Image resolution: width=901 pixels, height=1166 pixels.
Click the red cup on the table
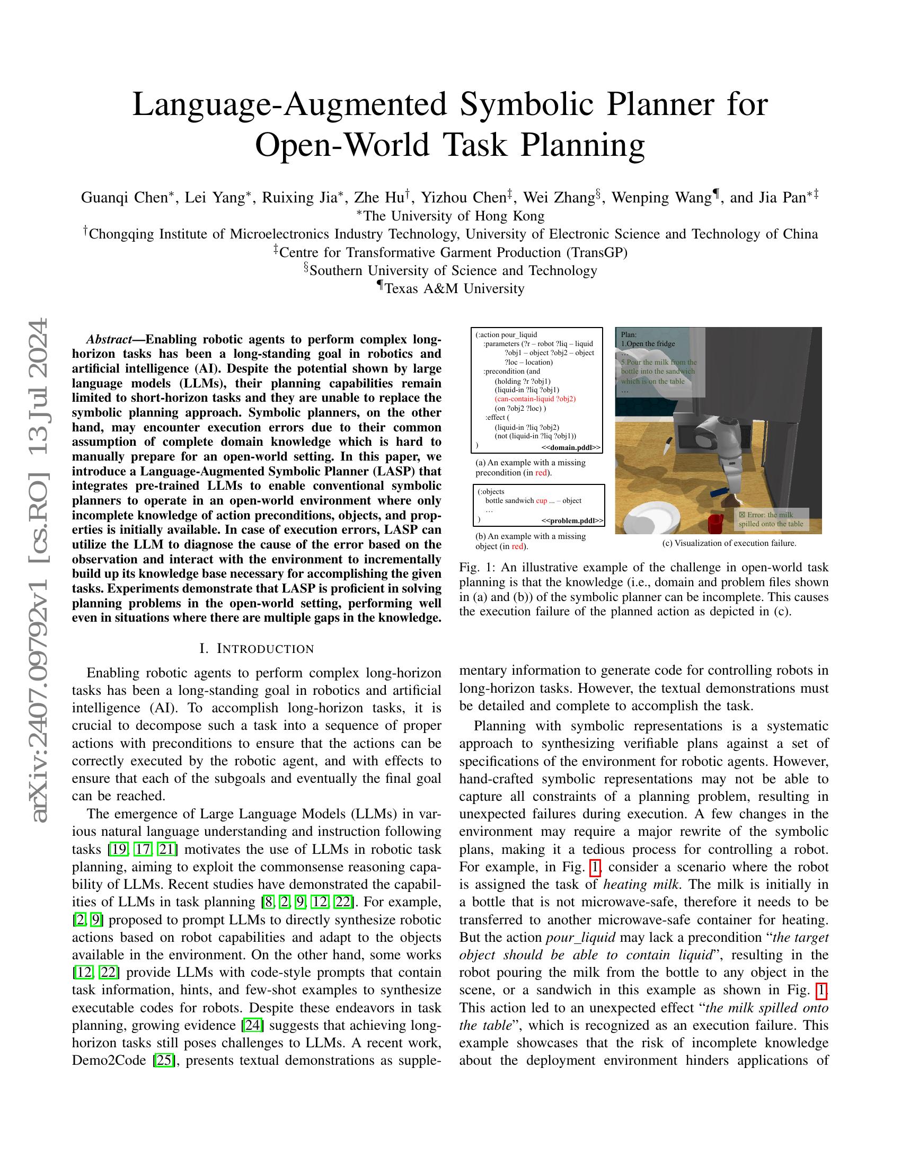715,523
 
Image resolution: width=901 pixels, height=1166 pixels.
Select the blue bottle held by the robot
719,491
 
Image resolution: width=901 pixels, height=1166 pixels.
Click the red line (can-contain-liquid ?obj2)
535,399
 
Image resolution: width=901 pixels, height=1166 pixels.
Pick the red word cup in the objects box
541,501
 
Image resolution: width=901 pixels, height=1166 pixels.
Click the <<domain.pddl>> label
571,447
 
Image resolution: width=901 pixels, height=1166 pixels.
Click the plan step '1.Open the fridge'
648,344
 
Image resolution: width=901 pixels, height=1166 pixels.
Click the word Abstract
109,340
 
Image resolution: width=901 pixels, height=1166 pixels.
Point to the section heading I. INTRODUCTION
257,649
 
